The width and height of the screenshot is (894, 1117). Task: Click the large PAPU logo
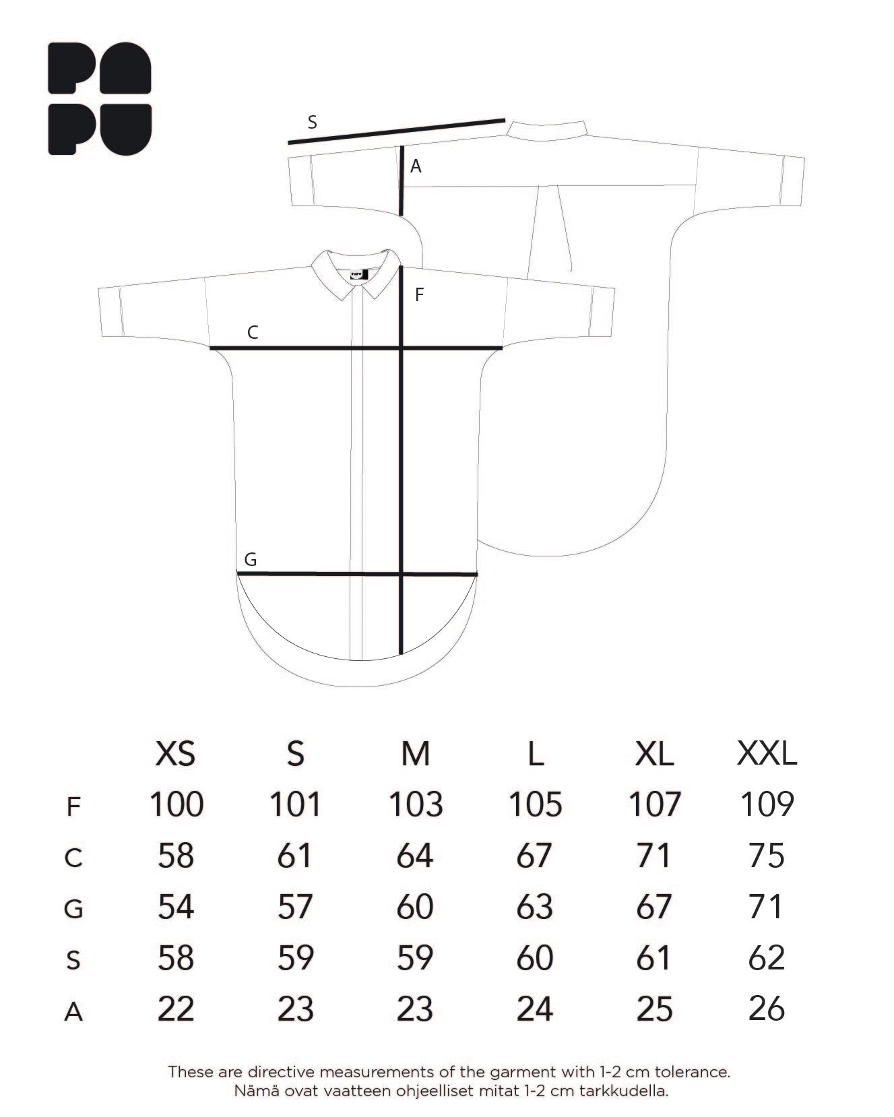pos(100,99)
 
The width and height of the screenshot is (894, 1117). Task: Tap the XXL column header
pos(767,753)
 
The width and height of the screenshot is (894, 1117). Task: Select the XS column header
pos(176,753)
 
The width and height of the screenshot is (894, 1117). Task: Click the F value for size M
pos(416,804)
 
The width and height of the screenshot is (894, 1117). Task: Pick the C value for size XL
pos(654,856)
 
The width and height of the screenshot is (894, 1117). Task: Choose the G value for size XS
pos(176,907)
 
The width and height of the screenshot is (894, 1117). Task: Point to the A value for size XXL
pos(767,1009)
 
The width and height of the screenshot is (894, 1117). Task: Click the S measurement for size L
pos(535,958)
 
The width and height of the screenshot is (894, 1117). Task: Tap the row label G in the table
pos(73,909)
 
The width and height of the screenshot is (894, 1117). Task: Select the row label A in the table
pos(73,1012)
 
